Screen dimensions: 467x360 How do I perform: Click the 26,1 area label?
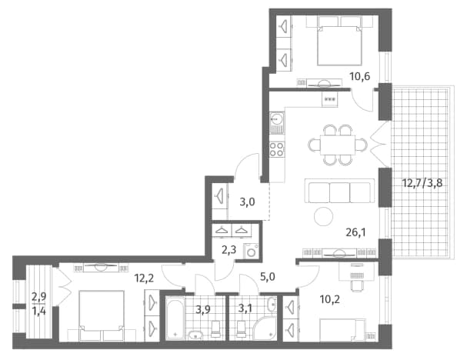pyautogui.click(x=355, y=232)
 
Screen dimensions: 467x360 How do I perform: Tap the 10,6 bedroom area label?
pyautogui.click(x=360, y=76)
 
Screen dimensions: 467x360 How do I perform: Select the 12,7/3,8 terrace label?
pyautogui.click(x=422, y=183)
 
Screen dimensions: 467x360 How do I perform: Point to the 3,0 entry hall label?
pyautogui.click(x=247, y=202)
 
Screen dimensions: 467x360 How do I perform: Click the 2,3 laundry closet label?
pyautogui.click(x=229, y=250)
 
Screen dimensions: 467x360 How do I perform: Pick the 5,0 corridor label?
pyautogui.click(x=268, y=277)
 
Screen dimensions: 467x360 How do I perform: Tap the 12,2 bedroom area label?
pyautogui.click(x=144, y=278)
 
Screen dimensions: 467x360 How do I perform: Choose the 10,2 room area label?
pyautogui.click(x=330, y=299)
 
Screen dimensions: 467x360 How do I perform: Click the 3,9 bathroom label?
pyautogui.click(x=203, y=309)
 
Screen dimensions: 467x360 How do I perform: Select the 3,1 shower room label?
pyautogui.click(x=245, y=308)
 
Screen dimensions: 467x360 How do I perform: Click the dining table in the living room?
pyautogui.click(x=338, y=145)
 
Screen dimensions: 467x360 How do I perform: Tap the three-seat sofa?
pyautogui.click(x=339, y=191)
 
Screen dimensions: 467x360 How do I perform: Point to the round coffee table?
pyautogui.click(x=324, y=216)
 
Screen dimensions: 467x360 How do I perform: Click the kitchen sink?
pyautogui.click(x=277, y=120)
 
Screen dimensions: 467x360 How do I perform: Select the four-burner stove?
pyautogui.click(x=277, y=149)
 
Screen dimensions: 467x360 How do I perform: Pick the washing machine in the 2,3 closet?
pyautogui.click(x=252, y=252)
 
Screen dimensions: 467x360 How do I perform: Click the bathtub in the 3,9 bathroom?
pyautogui.click(x=175, y=318)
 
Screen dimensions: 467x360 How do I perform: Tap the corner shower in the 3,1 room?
pyautogui.click(x=265, y=328)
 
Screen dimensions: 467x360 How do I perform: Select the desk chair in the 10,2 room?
pyautogui.click(x=356, y=285)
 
